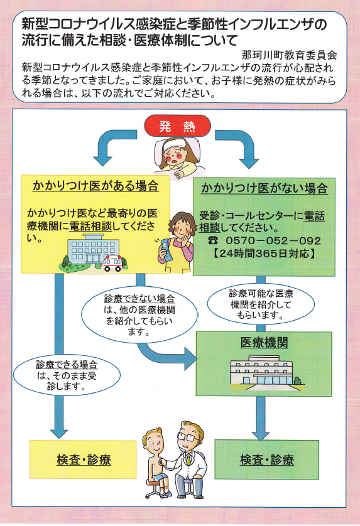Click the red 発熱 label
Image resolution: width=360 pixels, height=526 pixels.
tap(177, 126)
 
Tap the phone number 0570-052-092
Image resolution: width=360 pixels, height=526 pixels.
tap(273, 240)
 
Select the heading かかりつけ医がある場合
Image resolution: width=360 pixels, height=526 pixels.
tap(95, 186)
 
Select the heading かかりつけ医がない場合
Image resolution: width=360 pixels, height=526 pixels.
tap(265, 188)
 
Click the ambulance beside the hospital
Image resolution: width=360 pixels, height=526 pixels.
tap(112, 263)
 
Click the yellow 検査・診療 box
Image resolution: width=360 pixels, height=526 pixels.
tap(84, 459)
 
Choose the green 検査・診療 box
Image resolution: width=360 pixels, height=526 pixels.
tap(266, 459)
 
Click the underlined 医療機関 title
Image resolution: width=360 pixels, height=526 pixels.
tap(265, 343)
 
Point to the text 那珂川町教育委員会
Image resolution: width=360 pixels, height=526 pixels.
tap(289, 55)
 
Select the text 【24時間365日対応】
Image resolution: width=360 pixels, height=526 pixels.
tap(265, 254)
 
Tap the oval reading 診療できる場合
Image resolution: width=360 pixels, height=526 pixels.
tap(67, 375)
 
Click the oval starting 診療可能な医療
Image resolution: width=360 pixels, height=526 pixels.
tap(261, 304)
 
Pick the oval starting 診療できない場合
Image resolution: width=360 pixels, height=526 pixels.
tap(139, 314)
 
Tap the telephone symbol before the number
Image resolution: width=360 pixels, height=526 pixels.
tap(213, 240)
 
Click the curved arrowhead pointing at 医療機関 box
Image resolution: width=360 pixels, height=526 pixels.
tap(190, 358)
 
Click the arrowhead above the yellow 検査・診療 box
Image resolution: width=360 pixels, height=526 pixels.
tap(59, 433)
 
